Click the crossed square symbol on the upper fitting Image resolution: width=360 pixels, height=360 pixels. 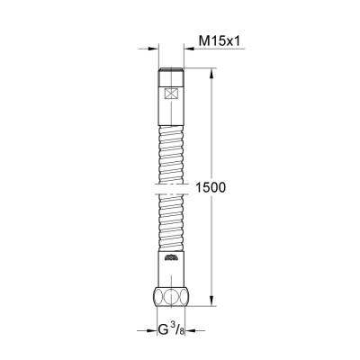click(175, 93)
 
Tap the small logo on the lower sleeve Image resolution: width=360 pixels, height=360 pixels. click(175, 261)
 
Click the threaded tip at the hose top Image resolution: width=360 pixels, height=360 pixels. click(175, 72)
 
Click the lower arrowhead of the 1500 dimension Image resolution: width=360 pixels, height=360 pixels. click(212, 308)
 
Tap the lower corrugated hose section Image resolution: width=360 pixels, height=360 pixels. click(175, 225)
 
